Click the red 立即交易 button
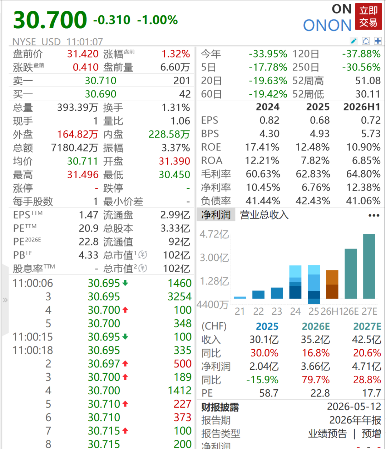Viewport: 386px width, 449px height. [368, 16]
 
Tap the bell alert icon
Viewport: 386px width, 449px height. [366, 41]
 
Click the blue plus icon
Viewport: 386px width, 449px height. [378, 41]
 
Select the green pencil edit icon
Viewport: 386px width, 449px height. [353, 41]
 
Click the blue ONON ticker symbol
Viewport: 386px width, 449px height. [327, 25]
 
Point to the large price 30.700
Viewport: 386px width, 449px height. [50, 20]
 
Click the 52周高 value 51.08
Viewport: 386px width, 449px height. [368, 81]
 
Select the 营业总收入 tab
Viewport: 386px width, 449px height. [264, 215]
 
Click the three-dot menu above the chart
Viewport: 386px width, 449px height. [374, 215]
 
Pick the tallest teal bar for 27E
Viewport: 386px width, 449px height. [369, 266]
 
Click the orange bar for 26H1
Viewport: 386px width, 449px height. [332, 284]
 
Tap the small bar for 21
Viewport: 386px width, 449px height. [240, 298]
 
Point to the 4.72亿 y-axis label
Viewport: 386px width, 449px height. [214, 234]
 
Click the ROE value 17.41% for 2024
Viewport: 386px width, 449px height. [262, 147]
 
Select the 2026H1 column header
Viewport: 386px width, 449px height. [362, 107]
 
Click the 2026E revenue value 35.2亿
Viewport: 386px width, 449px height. [315, 340]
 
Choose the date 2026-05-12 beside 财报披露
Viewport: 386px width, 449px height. [354, 406]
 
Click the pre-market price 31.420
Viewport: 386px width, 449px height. [83, 54]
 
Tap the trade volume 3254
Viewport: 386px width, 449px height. [179, 296]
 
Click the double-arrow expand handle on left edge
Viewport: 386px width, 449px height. [5, 300]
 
